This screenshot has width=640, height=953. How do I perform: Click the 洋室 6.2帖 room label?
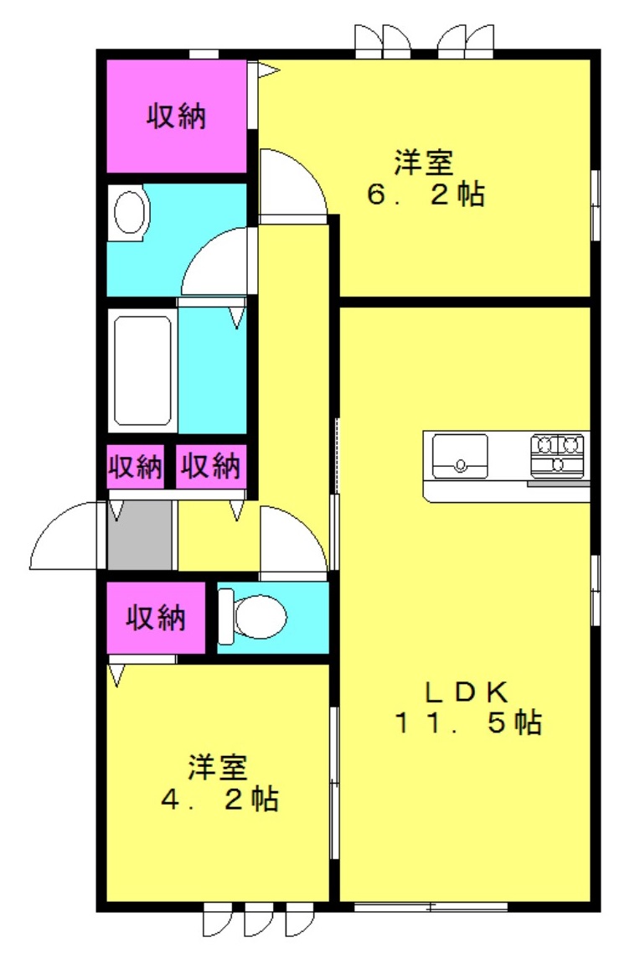pyautogui.click(x=425, y=178)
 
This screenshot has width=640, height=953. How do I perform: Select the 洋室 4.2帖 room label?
pyautogui.click(x=219, y=783)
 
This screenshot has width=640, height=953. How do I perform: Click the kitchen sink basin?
pyautogui.click(x=460, y=457)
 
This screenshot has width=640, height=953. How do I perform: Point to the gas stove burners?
pyautogui.click(x=557, y=454)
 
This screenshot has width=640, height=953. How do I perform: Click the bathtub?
pyautogui.click(x=142, y=370)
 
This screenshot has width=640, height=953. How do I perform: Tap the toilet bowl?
pyautogui.click(x=253, y=617)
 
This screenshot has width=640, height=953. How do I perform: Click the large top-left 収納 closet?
pyautogui.click(x=177, y=116)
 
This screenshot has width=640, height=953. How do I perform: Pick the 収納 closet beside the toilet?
pyautogui.click(x=156, y=617)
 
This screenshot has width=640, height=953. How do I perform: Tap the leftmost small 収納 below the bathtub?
pyautogui.click(x=135, y=466)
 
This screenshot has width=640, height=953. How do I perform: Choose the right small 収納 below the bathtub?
pyautogui.click(x=211, y=466)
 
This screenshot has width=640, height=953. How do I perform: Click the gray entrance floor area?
pyautogui.click(x=139, y=535)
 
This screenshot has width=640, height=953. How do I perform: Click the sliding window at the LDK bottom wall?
pyautogui.click(x=431, y=907)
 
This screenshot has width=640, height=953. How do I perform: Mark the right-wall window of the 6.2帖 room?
pyautogui.click(x=596, y=205)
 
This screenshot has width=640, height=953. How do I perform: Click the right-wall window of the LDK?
pyautogui.click(x=596, y=589)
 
